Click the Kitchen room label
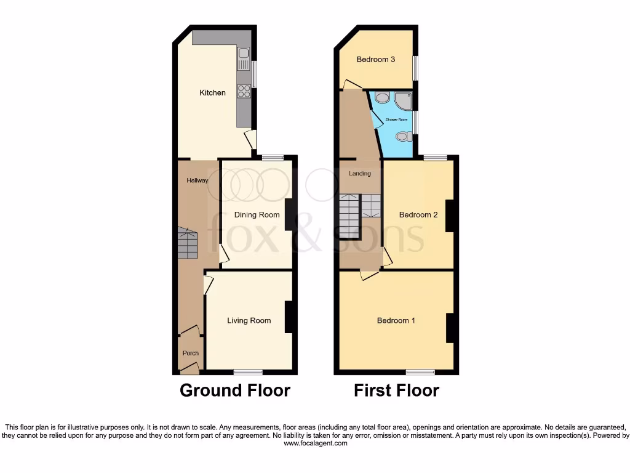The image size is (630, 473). point(212,93)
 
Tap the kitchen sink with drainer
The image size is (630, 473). point(243,58)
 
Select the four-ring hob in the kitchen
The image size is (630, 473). point(244,91)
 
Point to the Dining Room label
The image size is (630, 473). point(257,215)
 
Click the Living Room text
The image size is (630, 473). point(249,320)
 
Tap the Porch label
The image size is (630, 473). point(190,353)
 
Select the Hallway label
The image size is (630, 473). point(197,180)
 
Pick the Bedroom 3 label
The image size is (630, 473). point(375,60)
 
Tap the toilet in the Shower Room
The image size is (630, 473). point(403,136)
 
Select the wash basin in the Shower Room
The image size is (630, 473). point(381,97)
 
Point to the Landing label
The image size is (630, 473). point(360,174)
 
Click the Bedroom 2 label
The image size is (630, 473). point(418,215)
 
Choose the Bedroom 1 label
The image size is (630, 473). point(396,320)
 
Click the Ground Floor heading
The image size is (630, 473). point(234,390)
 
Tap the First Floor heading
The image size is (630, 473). point(396,390)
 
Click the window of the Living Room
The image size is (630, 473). point(248,372)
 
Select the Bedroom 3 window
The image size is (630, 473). point(415,68)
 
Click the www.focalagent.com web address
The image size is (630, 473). point(314,443)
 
